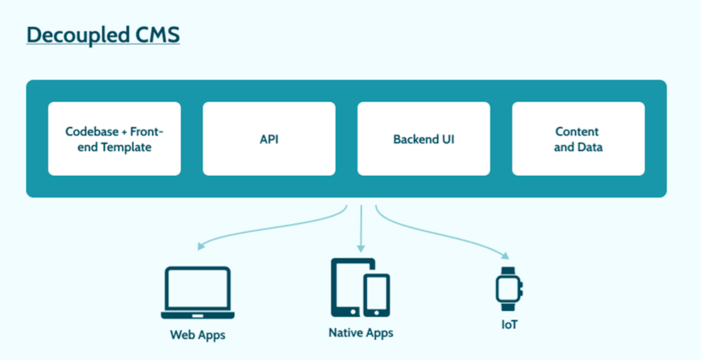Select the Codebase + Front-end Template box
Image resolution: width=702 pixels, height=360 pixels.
pos(114,138)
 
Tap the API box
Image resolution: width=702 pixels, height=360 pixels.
pos(269,138)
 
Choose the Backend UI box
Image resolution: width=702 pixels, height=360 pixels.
pos(424,138)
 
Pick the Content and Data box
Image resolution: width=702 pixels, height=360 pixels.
pos(578,138)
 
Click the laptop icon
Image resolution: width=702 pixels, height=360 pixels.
pos(198,292)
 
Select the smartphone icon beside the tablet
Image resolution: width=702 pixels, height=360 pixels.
pos(376,294)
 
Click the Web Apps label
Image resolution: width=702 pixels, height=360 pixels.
pos(198,335)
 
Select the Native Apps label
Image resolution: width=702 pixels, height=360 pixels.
pos(361,333)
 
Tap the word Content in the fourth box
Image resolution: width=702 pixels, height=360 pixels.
pos(577,131)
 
